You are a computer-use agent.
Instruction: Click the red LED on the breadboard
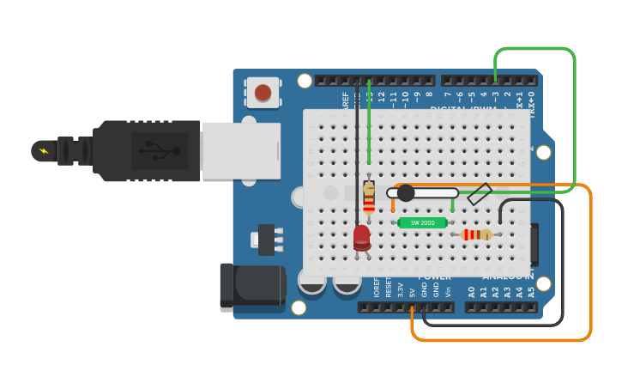click(362, 236)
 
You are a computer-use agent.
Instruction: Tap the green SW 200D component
click(422, 222)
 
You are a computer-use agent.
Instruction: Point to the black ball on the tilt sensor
click(406, 193)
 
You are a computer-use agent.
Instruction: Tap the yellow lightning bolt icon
click(44, 151)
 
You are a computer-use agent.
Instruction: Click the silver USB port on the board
click(241, 150)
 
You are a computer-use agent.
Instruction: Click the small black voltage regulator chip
click(267, 240)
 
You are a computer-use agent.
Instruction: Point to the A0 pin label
click(471, 291)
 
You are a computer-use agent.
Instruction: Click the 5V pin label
click(412, 292)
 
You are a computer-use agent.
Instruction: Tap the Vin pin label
click(448, 291)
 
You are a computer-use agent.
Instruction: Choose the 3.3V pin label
click(400, 289)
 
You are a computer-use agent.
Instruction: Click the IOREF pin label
click(376, 288)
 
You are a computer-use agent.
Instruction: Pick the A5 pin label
click(531, 291)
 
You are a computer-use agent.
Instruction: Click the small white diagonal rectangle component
click(480, 194)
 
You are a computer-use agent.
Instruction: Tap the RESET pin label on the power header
click(388, 288)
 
